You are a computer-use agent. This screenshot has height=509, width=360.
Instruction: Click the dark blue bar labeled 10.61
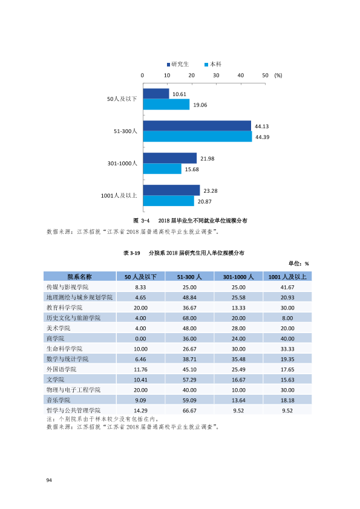click(156, 94)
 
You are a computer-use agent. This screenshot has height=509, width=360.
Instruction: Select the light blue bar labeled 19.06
click(166, 104)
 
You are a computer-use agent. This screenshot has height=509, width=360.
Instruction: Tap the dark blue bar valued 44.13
click(197, 126)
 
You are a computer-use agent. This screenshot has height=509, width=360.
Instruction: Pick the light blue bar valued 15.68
click(162, 169)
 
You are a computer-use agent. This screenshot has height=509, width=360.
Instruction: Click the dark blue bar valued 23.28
click(172, 190)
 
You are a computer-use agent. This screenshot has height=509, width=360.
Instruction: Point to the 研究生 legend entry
click(178, 64)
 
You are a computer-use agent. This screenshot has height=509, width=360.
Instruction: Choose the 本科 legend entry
click(213, 64)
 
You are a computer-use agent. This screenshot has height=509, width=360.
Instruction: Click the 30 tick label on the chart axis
click(216, 76)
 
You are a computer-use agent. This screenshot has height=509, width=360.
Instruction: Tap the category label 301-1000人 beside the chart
click(122, 163)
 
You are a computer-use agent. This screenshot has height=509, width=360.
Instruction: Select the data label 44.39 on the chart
click(262, 137)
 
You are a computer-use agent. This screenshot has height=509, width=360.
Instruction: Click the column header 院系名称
click(80, 277)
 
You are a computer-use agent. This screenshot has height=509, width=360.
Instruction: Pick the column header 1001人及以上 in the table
click(287, 277)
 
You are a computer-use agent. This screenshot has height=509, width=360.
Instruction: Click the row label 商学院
click(56, 339)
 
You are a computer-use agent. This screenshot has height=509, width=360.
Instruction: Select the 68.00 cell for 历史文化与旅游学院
click(189, 318)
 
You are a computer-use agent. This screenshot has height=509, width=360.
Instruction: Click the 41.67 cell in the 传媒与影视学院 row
click(287, 287)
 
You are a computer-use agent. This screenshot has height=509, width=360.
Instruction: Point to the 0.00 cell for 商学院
click(140, 339)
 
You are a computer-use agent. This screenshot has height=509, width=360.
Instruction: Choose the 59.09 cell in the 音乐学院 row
click(189, 400)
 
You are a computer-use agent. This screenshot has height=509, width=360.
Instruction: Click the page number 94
click(49, 480)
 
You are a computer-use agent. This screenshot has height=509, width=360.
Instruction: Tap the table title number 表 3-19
click(131, 253)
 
